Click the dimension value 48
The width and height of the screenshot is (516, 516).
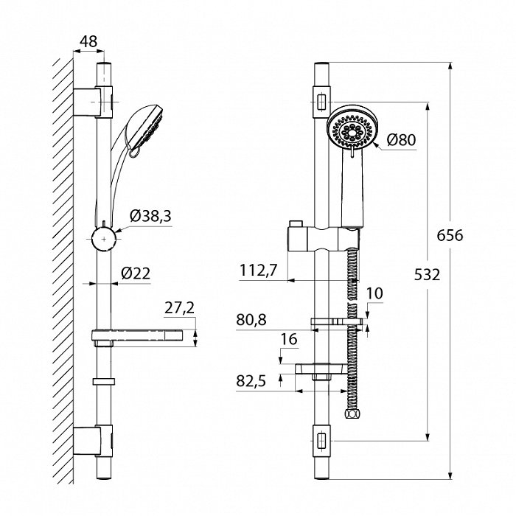point(88,41)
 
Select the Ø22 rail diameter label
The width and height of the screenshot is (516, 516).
point(136,273)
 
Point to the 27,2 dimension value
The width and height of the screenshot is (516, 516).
point(181,309)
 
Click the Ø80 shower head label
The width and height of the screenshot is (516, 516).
point(402,139)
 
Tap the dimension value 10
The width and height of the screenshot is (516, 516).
point(374,293)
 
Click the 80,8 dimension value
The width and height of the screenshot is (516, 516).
point(253,321)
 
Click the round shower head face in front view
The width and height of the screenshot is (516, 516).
point(353,130)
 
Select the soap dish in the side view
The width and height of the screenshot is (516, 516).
point(144,337)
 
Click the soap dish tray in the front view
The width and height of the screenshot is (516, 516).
point(321,369)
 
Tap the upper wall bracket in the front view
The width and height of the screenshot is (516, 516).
point(322,101)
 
